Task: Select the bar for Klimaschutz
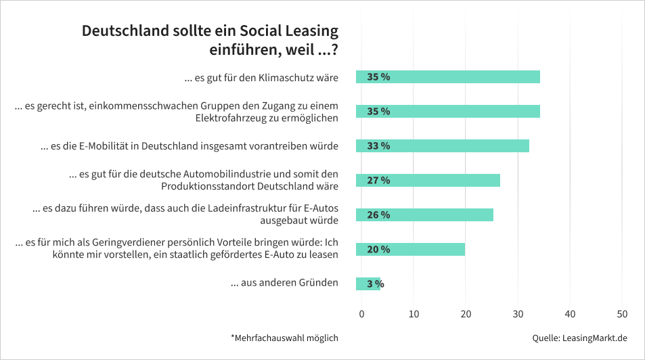click(x=447, y=77)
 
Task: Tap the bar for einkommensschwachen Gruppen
click(x=447, y=112)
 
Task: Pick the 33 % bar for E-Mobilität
click(x=442, y=146)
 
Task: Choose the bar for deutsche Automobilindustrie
click(x=428, y=181)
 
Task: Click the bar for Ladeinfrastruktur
click(x=424, y=215)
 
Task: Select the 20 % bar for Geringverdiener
click(x=410, y=250)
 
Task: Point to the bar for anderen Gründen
click(x=368, y=284)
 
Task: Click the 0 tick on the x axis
click(x=361, y=314)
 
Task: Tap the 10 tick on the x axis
click(x=414, y=314)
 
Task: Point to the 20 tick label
click(x=466, y=314)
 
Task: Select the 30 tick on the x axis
click(x=518, y=314)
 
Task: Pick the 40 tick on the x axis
click(x=570, y=314)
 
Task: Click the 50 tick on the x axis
click(x=622, y=314)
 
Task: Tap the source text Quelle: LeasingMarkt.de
click(x=580, y=338)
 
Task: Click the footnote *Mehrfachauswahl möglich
click(x=284, y=338)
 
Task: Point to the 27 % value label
click(x=378, y=181)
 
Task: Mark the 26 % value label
click(x=378, y=215)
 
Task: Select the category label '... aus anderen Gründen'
click(x=284, y=283)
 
